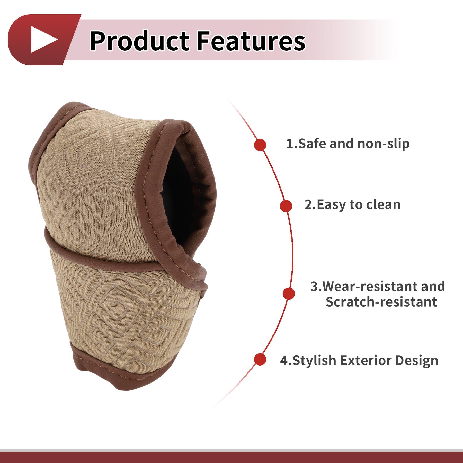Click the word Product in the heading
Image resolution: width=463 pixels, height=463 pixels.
click(140, 41)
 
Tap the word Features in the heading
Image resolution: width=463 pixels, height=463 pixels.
click(251, 41)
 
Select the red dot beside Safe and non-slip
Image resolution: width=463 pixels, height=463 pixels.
click(260, 145)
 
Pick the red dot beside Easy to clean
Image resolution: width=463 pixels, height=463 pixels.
click(286, 206)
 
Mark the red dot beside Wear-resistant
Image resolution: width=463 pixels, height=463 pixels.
click(289, 293)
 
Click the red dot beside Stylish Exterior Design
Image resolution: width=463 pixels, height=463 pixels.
click(260, 359)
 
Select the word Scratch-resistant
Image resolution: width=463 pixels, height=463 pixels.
click(381, 302)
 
